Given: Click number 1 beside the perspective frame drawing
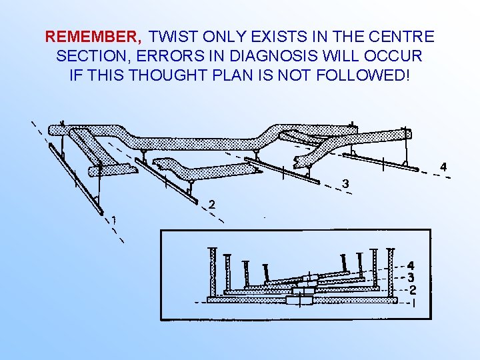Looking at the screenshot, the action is point(115,219).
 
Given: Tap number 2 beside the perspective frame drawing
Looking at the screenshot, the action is point(211,205).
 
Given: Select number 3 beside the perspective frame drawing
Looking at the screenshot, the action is point(345,183).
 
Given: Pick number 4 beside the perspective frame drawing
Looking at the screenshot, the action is point(444,167).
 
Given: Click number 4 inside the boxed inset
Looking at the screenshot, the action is point(411,265).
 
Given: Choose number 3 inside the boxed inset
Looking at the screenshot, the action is point(411,277).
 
